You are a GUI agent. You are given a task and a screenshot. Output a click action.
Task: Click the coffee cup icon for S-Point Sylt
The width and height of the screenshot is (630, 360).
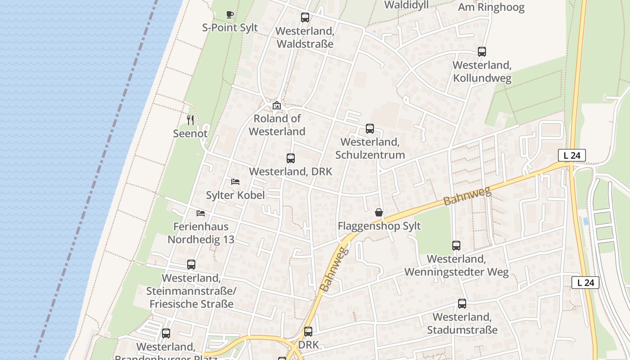(x=230, y=14)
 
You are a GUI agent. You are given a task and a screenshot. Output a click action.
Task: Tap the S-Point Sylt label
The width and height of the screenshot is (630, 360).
(x=230, y=27)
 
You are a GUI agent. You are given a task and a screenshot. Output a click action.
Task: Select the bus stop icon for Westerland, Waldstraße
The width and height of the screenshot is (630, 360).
(x=305, y=18)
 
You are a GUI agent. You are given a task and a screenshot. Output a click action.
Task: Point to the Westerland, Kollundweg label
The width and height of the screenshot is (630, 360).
(x=482, y=72)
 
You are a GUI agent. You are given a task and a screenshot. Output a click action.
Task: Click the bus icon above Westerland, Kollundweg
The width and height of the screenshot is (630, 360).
(x=482, y=52)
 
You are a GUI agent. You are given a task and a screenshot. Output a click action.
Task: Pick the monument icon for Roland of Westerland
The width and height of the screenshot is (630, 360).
(x=277, y=106)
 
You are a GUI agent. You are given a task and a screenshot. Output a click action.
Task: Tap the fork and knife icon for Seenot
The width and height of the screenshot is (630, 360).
(x=190, y=120)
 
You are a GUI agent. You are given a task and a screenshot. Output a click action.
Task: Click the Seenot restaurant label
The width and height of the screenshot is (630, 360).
(x=190, y=133)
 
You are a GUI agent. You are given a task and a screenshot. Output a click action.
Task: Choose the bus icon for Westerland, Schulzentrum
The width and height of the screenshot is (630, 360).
(x=370, y=129)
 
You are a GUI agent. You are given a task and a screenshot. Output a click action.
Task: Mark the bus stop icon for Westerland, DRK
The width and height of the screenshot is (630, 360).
(x=291, y=158)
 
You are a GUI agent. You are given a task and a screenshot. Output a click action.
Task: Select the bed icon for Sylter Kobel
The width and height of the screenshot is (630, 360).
(x=235, y=182)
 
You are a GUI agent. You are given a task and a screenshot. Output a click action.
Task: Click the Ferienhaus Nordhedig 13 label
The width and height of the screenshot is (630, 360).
(x=201, y=233)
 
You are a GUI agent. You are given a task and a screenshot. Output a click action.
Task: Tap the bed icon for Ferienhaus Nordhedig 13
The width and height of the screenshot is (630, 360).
(x=201, y=213)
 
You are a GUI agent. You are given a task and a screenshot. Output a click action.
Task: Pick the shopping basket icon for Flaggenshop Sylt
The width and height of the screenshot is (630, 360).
(x=379, y=212)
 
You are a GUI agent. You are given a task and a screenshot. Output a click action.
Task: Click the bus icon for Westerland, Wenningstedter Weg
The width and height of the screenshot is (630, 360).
(x=456, y=246)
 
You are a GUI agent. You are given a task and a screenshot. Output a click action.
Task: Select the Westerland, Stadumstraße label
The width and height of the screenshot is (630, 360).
(x=462, y=324)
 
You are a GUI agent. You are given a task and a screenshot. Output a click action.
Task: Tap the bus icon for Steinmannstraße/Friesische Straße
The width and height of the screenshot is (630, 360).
(x=191, y=265)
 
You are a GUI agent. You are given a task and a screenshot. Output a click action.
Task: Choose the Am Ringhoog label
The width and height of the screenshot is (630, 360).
(x=491, y=7)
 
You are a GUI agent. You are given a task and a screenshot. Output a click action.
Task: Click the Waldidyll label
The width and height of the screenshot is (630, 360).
(x=406, y=5)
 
